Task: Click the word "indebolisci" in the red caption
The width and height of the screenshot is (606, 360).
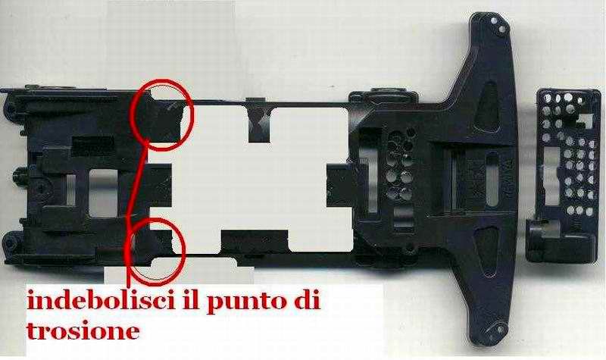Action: (x=101, y=301)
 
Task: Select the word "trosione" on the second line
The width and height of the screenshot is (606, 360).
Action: (x=83, y=331)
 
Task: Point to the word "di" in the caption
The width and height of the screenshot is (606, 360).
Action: (x=309, y=300)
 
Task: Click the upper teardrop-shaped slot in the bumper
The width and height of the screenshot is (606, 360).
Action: (x=486, y=105)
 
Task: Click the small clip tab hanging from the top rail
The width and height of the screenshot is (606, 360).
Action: (x=259, y=120)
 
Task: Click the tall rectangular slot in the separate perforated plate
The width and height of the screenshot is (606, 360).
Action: (x=551, y=176)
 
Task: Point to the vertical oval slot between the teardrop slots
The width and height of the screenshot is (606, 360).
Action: (x=492, y=179)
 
